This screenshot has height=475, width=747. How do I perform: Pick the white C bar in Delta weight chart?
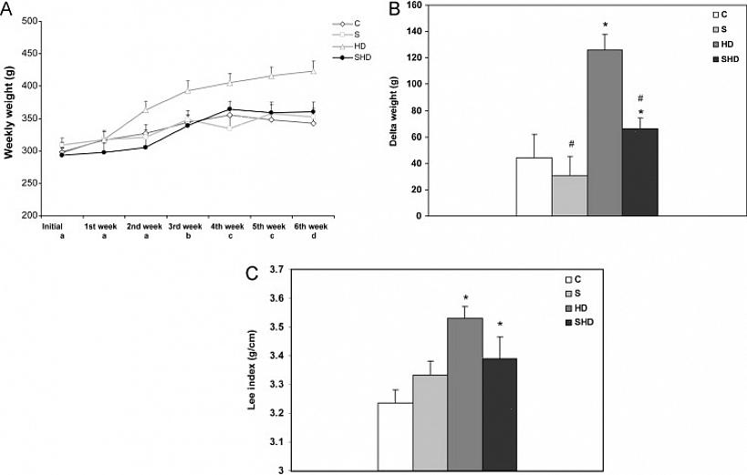534,187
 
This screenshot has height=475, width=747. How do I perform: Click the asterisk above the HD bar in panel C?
465,298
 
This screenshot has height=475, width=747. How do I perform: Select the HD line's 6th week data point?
314,71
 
